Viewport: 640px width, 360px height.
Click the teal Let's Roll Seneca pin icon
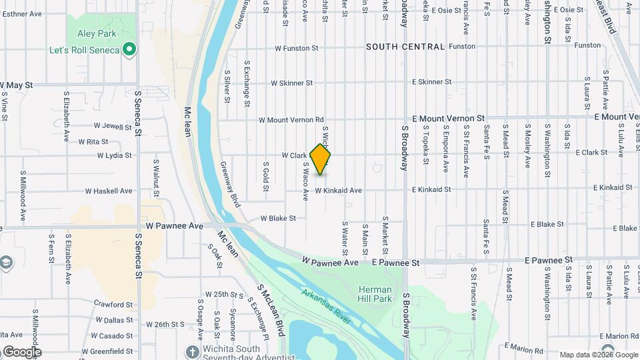[131, 49]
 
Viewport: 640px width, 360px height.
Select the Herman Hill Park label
[375, 294]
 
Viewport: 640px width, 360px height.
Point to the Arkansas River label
[326, 306]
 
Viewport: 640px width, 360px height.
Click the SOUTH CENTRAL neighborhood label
[405, 47]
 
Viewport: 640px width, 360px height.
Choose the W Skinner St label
[291, 83]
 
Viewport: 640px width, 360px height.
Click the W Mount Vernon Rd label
[291, 120]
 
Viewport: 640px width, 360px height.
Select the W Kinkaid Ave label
[338, 191]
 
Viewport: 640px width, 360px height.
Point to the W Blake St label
[278, 218]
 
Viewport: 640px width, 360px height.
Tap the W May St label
[17, 85]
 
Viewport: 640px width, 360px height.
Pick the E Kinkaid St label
[431, 189]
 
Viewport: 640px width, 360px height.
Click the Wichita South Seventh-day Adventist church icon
[193, 351]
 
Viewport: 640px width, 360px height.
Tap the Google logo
[21, 352]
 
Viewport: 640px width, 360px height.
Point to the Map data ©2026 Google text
[598, 355]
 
